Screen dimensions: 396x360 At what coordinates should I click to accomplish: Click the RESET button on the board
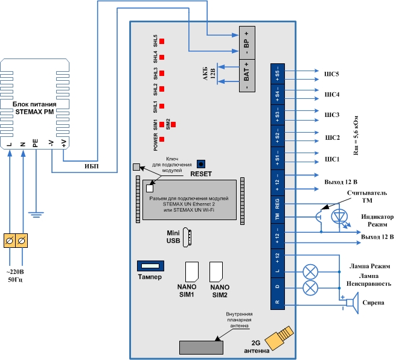tap(201, 164)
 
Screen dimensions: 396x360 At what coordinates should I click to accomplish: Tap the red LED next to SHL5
tap(162, 42)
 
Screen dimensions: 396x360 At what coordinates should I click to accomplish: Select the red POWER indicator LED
tap(162, 139)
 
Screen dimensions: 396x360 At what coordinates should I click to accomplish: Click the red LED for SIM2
tap(173, 125)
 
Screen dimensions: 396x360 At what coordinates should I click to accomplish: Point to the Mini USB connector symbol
tap(187, 238)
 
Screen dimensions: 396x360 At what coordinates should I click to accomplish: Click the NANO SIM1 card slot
tap(192, 272)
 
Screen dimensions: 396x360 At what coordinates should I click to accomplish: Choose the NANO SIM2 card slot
tap(216, 272)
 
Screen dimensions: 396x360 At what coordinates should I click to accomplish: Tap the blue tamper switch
tap(150, 266)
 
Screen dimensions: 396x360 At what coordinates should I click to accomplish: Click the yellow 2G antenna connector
tap(279, 337)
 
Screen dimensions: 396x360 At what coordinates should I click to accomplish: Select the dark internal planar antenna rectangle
tap(201, 348)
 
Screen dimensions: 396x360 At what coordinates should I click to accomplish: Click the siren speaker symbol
tap(353, 303)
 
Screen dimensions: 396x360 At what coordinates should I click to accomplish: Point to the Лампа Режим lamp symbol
tap(310, 272)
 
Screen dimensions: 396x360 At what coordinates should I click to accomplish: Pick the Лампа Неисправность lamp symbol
tap(310, 288)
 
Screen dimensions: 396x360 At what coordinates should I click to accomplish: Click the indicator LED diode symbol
tap(339, 216)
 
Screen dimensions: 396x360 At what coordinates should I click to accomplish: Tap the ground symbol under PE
tap(36, 215)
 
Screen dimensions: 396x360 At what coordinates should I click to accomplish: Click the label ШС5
tap(331, 74)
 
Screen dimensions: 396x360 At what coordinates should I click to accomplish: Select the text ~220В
tap(15, 272)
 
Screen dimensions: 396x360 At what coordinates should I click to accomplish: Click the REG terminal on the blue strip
tap(278, 204)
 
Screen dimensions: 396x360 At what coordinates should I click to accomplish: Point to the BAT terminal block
tap(247, 75)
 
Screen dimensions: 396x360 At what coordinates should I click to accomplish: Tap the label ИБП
tap(91, 166)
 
